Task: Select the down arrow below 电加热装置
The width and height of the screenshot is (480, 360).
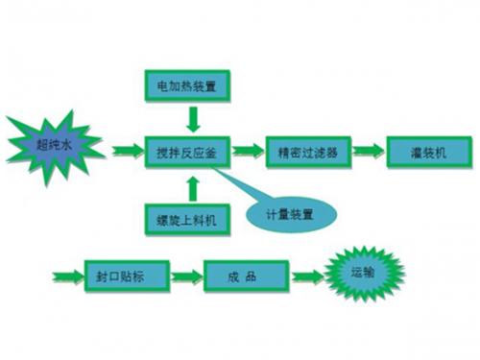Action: click(x=192, y=118)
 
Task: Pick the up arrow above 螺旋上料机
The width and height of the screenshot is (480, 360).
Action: click(x=192, y=184)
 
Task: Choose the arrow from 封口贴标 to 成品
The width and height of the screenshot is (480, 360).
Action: click(x=186, y=277)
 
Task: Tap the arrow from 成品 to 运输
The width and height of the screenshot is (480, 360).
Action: click(x=304, y=277)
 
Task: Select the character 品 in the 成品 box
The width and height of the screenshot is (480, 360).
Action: click(x=256, y=277)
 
